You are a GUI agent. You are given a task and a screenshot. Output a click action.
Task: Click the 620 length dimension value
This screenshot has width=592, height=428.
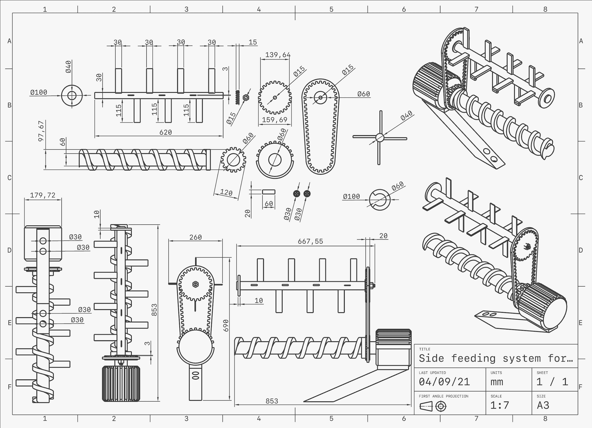166,132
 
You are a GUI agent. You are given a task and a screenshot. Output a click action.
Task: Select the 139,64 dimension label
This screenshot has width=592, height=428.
278,55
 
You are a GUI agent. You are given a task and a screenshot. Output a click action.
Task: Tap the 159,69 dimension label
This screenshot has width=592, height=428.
275,120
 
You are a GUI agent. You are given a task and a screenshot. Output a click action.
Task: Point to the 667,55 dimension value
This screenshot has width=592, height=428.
310,241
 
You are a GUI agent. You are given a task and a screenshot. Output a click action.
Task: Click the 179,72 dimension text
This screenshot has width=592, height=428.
42,195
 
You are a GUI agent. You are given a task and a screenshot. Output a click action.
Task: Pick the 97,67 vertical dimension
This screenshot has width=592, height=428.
41,131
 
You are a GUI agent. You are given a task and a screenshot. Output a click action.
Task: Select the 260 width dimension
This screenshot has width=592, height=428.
195,237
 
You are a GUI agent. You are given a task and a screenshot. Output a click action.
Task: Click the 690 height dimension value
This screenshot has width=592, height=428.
226,325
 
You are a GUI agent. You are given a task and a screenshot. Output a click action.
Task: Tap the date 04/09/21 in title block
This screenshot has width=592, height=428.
444,382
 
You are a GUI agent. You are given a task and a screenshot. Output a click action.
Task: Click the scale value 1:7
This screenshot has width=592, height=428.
499,405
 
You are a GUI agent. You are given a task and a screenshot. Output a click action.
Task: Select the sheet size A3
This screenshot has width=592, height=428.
543,405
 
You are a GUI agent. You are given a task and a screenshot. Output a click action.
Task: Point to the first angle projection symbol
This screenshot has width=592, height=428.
433,406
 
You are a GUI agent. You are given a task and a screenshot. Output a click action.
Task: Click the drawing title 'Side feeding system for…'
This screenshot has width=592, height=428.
495,358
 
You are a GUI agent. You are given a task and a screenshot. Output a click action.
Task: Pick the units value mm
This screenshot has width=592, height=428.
497,382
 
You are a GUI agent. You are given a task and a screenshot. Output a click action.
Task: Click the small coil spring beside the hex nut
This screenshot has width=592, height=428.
238,97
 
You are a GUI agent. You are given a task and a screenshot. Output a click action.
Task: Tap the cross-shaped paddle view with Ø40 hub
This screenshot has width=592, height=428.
380,138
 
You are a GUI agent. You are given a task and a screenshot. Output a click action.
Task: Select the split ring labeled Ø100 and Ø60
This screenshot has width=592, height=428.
380,200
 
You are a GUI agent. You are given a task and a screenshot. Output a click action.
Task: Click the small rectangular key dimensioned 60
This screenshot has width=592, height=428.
269,192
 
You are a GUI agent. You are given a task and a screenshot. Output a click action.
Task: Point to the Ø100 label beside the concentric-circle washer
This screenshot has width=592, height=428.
38,92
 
